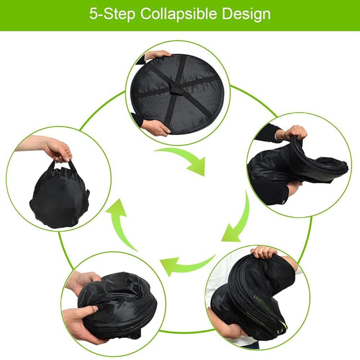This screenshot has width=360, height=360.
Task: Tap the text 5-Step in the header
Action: point(112,14)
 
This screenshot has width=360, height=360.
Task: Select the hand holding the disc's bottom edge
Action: point(156,127)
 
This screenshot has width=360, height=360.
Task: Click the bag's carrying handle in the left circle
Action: point(62,163)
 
